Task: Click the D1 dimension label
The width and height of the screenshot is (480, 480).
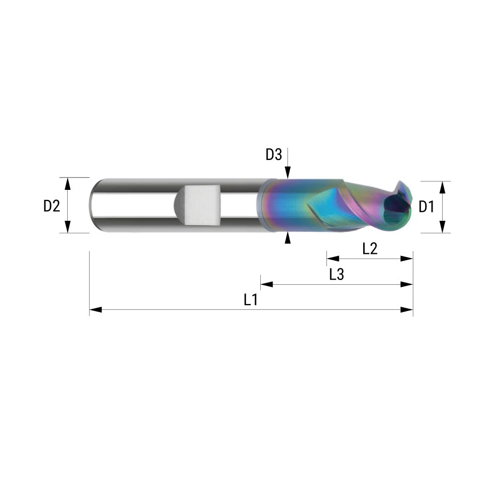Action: tap(426, 207)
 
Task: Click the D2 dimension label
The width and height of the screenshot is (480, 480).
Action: tap(51, 206)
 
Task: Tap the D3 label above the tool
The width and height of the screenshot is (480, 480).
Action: tap(274, 155)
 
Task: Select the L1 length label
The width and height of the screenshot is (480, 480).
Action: tap(251, 300)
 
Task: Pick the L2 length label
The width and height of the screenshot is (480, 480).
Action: tap(370, 249)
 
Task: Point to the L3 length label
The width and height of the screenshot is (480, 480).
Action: tap(337, 274)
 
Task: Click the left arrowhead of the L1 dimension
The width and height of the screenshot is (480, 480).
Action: tap(95, 310)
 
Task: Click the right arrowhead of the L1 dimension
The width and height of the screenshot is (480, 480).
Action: tap(407, 310)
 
